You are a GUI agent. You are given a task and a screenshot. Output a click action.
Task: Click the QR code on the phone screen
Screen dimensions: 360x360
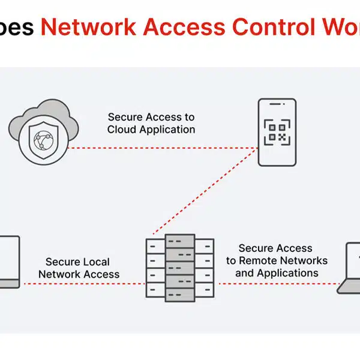pos(277,131)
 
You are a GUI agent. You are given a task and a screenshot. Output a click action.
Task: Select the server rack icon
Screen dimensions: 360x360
pos(180,267)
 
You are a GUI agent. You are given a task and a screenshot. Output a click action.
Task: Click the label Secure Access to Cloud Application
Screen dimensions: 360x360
pos(151,123)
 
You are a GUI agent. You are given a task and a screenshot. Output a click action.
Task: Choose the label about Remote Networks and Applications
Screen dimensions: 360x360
pos(277,260)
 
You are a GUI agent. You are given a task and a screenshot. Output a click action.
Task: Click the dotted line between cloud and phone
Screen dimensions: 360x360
pos(162,146)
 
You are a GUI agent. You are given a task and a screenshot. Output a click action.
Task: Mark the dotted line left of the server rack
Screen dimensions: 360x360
pos(84,284)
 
